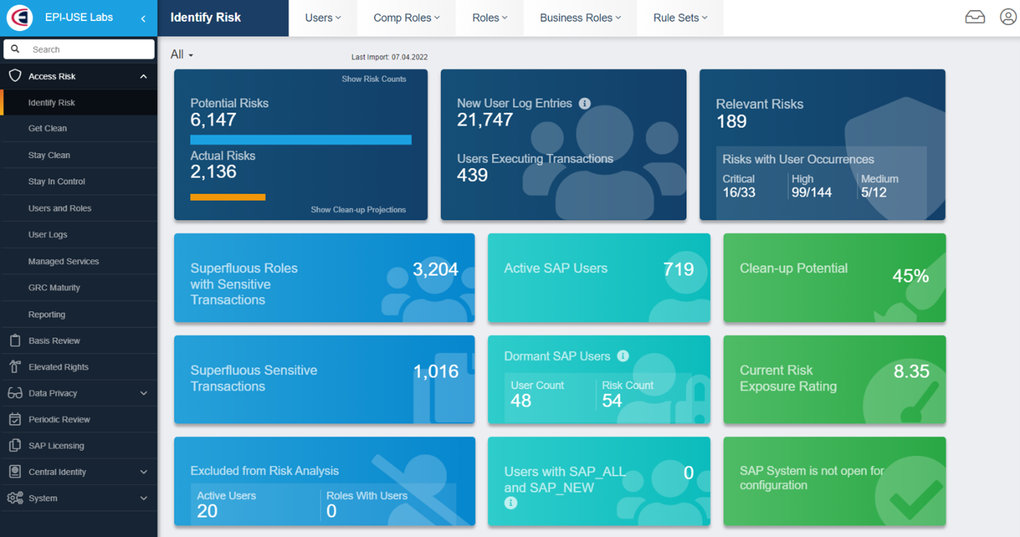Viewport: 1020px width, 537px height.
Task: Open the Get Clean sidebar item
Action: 47,129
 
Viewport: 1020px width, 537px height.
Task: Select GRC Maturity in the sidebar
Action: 54,287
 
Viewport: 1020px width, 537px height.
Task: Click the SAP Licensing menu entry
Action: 56,446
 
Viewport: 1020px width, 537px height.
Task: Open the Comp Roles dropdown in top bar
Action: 406,18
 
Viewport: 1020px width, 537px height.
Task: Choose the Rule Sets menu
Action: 680,18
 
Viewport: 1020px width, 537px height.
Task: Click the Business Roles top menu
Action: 580,18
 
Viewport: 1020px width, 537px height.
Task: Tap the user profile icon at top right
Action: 1008,18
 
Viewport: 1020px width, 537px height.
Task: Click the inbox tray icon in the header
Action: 975,18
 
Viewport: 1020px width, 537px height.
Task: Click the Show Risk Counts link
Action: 374,79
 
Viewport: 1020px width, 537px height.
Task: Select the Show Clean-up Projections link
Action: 358,210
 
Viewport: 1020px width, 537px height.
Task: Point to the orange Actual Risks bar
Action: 228,197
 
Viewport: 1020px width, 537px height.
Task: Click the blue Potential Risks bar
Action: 301,140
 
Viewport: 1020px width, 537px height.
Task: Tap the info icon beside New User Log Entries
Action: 585,103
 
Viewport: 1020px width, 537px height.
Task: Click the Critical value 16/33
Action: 739,193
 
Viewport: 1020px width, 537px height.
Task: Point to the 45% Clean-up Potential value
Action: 910,276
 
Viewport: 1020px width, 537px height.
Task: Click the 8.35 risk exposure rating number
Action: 911,371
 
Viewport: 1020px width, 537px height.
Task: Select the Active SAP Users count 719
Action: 679,269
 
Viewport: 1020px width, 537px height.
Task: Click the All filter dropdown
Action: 182,55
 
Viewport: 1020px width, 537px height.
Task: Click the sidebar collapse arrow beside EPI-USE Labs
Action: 143,18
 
